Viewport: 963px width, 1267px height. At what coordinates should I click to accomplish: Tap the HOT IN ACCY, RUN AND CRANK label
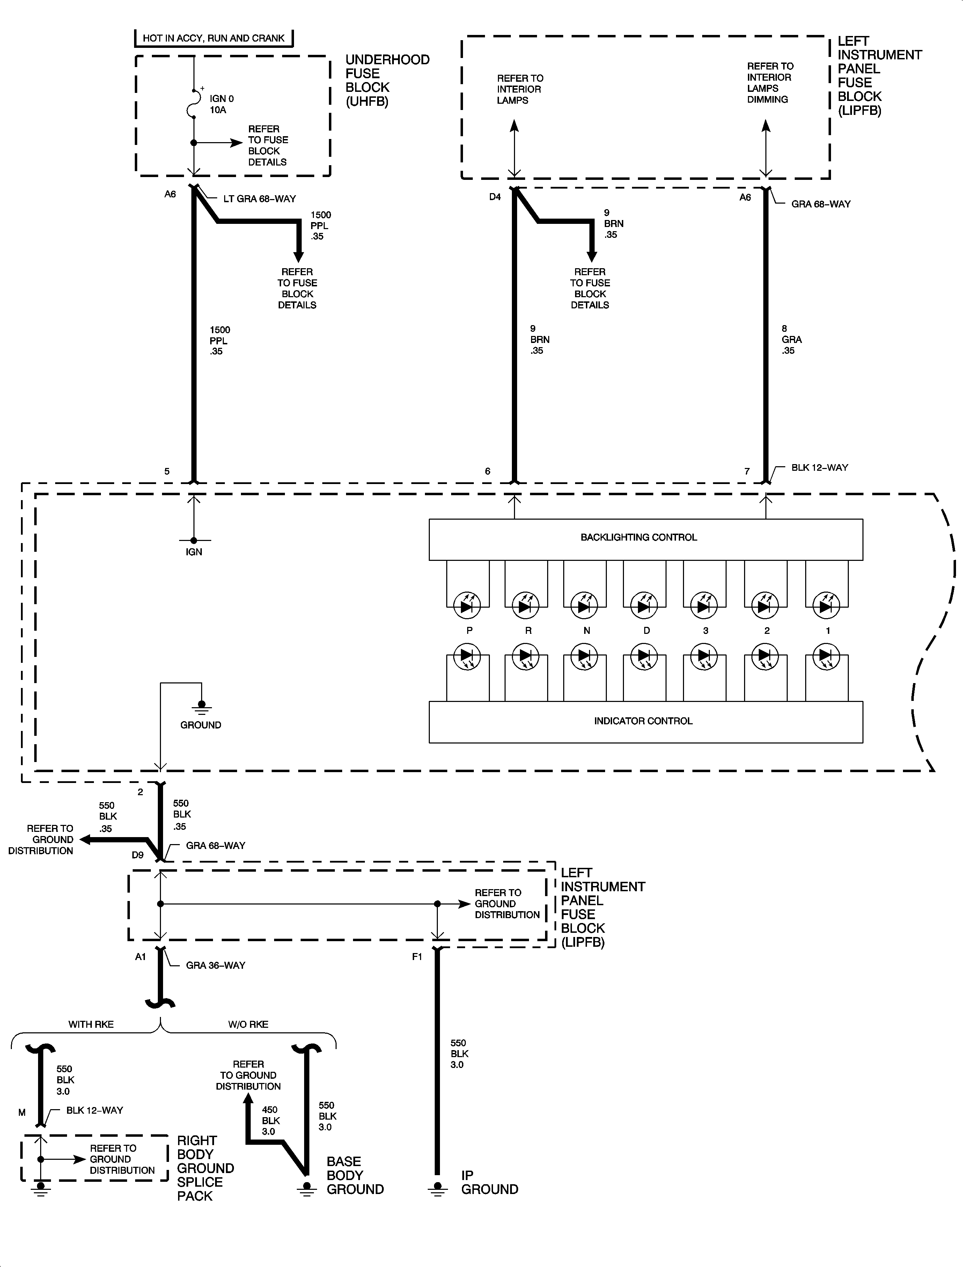(x=213, y=38)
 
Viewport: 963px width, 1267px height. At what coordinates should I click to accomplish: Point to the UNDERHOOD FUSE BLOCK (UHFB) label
(x=387, y=80)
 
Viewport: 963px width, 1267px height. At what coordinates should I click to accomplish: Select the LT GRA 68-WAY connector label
(x=259, y=199)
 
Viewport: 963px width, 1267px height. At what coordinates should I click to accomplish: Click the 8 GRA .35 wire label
(x=791, y=339)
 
